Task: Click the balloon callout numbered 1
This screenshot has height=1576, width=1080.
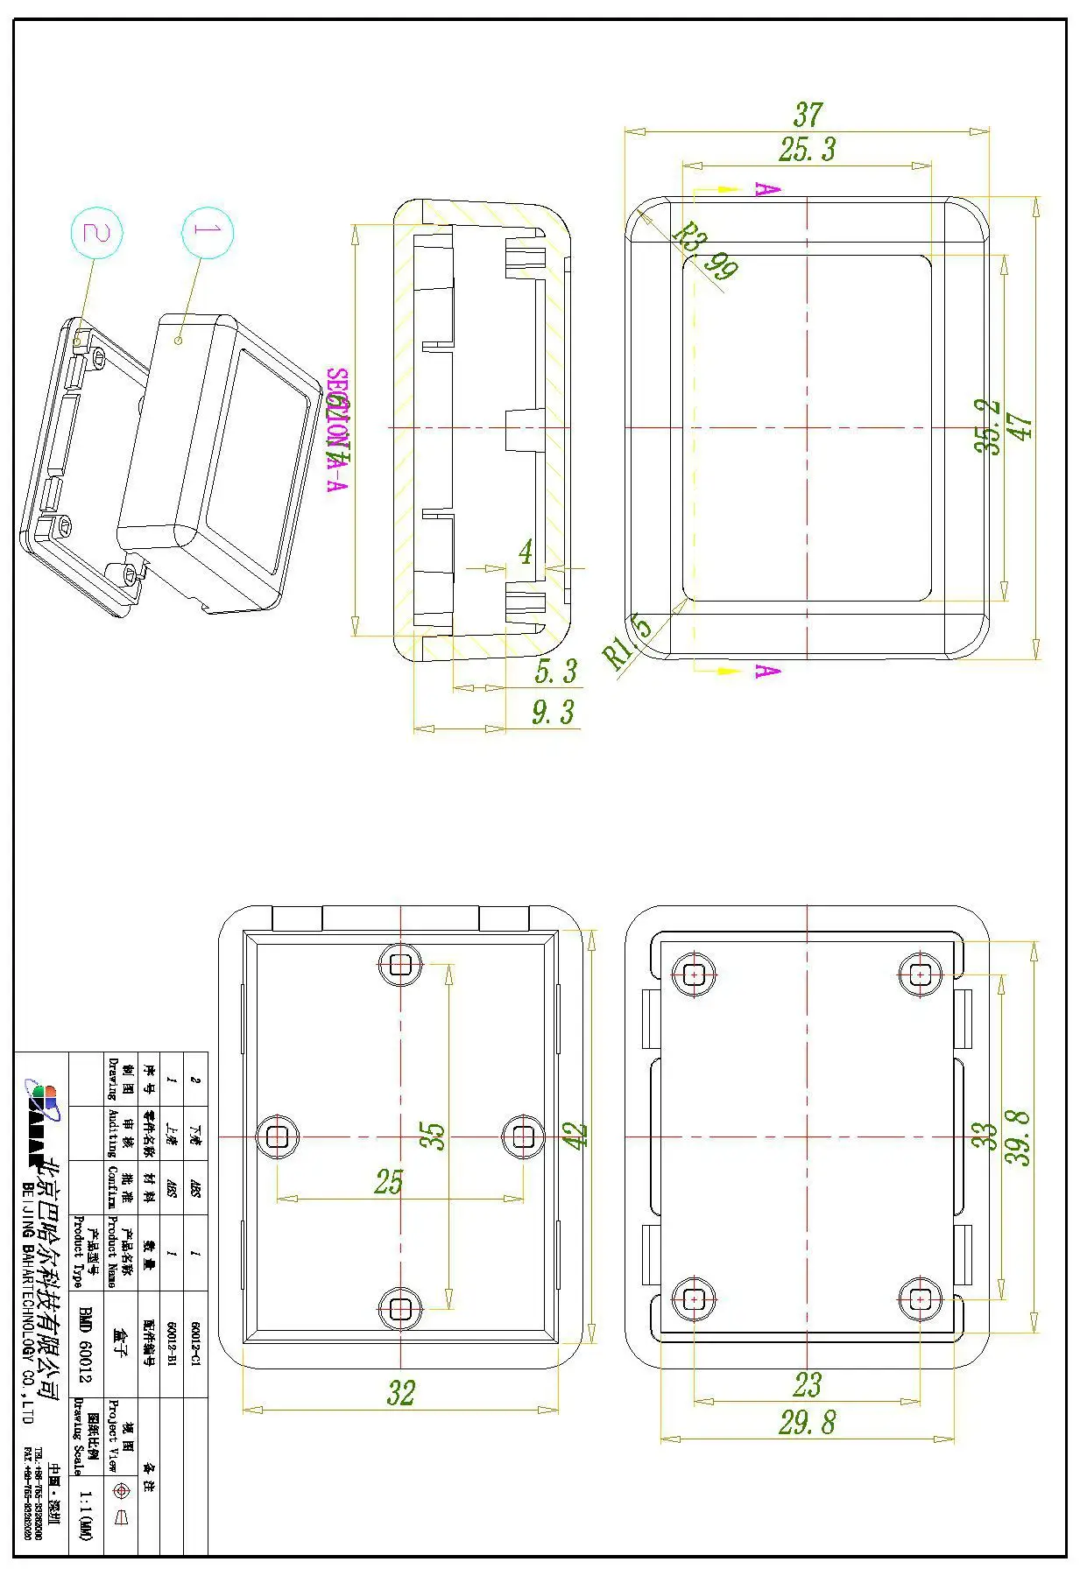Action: (x=208, y=232)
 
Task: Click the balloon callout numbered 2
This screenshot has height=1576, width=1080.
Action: (x=96, y=233)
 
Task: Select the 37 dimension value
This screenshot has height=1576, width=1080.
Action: (x=808, y=115)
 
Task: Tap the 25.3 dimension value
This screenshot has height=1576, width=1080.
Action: (x=807, y=149)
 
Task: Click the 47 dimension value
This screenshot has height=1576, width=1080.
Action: (x=1021, y=427)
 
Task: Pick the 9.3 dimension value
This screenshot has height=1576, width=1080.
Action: (x=554, y=712)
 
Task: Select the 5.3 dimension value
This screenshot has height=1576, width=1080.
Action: (x=556, y=671)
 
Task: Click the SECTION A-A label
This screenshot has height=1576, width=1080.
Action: (x=337, y=430)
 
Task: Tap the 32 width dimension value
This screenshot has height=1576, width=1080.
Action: (x=400, y=1393)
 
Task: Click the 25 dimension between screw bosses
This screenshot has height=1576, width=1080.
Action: (x=388, y=1182)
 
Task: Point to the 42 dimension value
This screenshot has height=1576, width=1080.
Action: (x=575, y=1136)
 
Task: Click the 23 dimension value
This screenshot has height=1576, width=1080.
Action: (x=807, y=1384)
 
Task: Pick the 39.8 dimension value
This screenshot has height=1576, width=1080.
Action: (x=1018, y=1137)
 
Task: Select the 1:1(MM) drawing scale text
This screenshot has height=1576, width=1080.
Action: (x=85, y=1516)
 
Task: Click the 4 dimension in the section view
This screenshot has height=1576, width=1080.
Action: (x=525, y=552)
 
